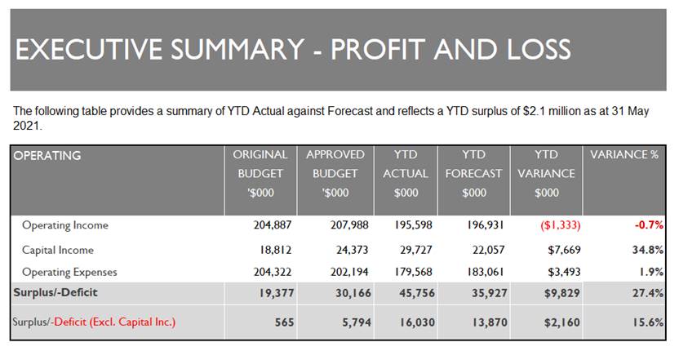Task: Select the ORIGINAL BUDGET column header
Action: tap(260, 173)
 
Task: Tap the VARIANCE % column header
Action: tap(624, 154)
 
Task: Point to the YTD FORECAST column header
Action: tap(473, 173)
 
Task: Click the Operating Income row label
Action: tap(65, 225)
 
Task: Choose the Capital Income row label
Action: tap(58, 250)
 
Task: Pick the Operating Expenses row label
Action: tap(69, 272)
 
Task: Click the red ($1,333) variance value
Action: tap(561, 225)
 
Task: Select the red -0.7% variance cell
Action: tap(649, 225)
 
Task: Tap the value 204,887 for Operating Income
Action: tap(273, 225)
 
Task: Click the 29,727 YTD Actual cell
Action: tap(415, 250)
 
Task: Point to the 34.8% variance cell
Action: tap(648, 250)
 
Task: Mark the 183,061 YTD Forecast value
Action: tap(486, 272)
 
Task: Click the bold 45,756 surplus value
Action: tap(416, 293)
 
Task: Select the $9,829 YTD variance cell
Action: tap(562, 293)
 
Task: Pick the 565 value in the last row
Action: tap(285, 322)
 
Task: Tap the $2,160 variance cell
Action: tap(562, 322)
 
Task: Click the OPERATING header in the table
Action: tap(47, 156)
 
